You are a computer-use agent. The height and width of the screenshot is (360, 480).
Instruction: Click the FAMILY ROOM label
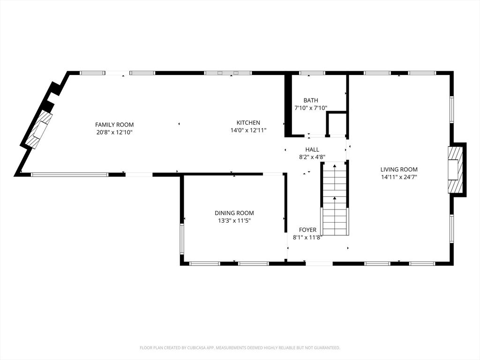click(x=114, y=125)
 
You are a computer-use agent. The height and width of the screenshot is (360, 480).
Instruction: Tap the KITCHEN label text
click(x=248, y=123)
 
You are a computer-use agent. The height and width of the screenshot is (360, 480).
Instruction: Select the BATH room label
click(x=310, y=100)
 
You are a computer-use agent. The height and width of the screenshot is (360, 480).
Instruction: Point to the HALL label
click(x=312, y=150)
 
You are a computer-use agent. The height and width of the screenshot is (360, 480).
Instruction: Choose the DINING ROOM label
click(x=234, y=213)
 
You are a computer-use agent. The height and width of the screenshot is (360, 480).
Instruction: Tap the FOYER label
click(x=307, y=230)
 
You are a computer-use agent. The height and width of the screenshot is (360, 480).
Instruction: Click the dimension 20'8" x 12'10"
click(x=114, y=132)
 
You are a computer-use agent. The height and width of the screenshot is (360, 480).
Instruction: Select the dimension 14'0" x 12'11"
click(x=248, y=130)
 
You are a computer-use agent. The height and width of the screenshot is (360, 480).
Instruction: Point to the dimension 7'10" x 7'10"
click(x=310, y=108)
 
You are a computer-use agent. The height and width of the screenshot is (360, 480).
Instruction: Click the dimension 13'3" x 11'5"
click(x=234, y=220)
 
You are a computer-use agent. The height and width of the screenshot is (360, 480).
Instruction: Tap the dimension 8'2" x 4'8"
click(x=312, y=157)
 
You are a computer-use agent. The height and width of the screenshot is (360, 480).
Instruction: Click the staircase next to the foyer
click(x=335, y=199)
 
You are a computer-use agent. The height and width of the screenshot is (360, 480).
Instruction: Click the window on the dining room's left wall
click(x=182, y=239)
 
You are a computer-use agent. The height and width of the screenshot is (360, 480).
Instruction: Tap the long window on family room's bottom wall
click(x=70, y=175)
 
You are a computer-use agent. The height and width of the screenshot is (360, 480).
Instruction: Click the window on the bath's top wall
click(x=312, y=73)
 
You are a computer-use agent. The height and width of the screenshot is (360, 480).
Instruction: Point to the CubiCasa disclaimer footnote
click(x=240, y=348)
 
